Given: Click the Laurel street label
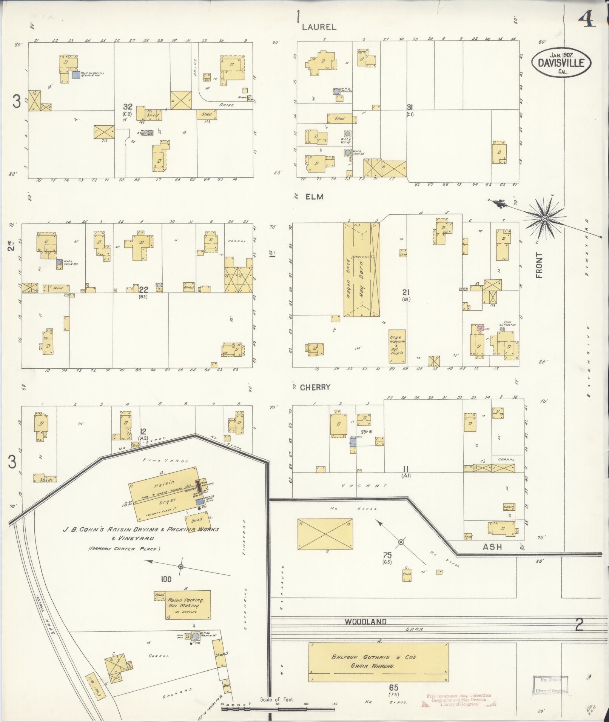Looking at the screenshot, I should point(319,27).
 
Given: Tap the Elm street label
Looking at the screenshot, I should point(315,197).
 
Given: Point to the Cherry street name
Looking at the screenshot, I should point(315,387).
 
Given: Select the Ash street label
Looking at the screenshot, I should point(492,547).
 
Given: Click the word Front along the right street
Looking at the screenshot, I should point(539,266).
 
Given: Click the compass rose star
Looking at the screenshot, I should point(545,219).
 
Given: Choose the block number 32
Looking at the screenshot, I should point(128,107).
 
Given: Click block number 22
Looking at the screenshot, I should point(143,289).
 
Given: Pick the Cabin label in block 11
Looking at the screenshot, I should point(509,507).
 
